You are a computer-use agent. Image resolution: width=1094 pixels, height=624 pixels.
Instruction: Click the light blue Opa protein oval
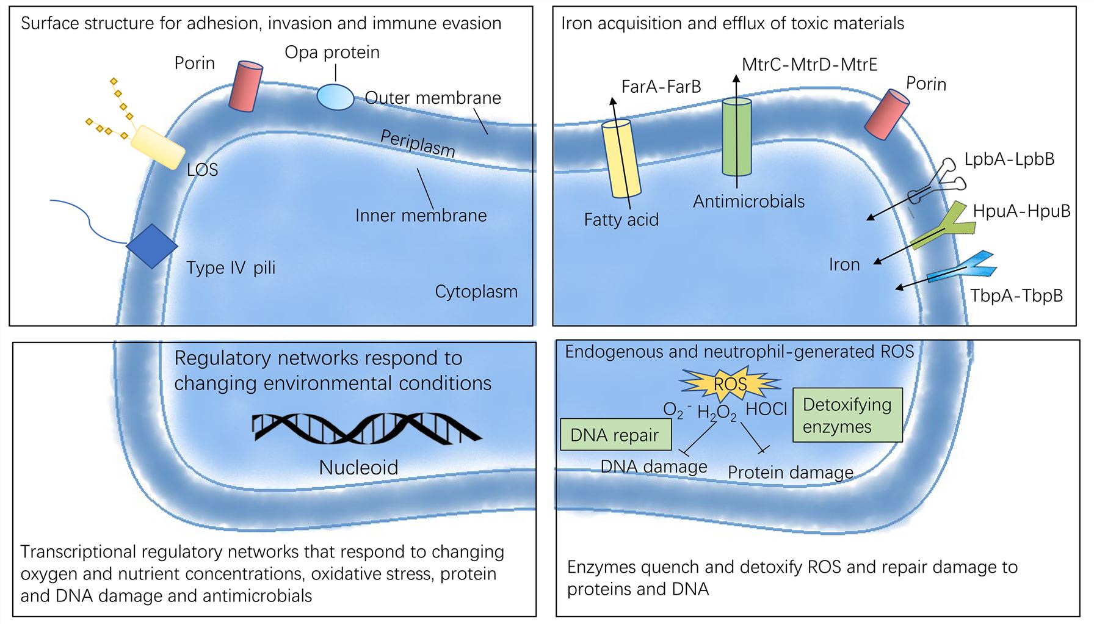[x=335, y=97]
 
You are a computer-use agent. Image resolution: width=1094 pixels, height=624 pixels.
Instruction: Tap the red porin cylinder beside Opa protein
[x=245, y=86]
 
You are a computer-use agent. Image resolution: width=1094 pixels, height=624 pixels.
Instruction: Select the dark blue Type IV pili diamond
[x=152, y=246]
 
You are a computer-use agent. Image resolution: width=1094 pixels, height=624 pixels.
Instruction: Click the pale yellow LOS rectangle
[x=158, y=147]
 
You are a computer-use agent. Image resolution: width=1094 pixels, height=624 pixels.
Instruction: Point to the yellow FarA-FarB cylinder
[x=621, y=158]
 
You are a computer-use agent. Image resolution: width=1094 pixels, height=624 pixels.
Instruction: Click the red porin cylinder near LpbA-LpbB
[x=887, y=114]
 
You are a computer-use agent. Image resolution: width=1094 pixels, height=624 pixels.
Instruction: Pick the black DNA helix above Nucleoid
[x=366, y=428]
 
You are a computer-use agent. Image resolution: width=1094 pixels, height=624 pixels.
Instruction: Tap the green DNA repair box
[x=615, y=435]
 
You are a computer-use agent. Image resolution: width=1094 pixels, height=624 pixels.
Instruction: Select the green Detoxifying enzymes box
[x=847, y=415]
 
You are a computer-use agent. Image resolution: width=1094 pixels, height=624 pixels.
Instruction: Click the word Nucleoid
[x=358, y=468]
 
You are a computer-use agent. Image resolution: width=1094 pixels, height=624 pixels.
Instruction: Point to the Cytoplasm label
[x=476, y=292]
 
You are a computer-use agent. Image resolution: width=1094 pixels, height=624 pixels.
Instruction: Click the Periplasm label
[x=418, y=144]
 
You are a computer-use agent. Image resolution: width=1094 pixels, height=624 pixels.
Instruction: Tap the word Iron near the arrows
[x=844, y=264]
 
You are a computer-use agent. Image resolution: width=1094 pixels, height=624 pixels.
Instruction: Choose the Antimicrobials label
[x=748, y=201]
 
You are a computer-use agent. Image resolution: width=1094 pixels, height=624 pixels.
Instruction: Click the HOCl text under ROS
[x=766, y=409]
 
